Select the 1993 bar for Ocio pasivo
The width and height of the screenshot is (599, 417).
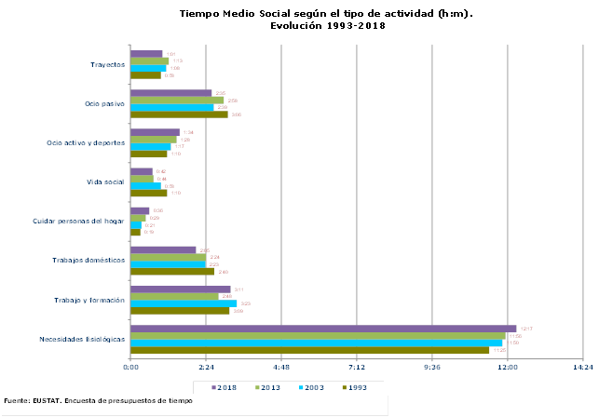click(x=179, y=114)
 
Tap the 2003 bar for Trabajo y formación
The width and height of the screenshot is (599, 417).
click(x=184, y=303)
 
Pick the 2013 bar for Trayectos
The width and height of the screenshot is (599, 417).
click(x=150, y=61)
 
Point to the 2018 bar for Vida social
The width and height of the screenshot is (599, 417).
click(x=142, y=171)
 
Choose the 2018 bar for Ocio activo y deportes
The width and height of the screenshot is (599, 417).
click(x=155, y=132)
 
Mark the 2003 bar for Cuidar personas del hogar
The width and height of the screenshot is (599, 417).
click(x=136, y=225)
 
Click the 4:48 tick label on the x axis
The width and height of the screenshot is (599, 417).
click(x=281, y=369)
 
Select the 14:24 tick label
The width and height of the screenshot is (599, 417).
click(x=582, y=369)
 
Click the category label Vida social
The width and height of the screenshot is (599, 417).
click(x=105, y=182)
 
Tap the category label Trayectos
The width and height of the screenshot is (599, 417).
click(x=108, y=64)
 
